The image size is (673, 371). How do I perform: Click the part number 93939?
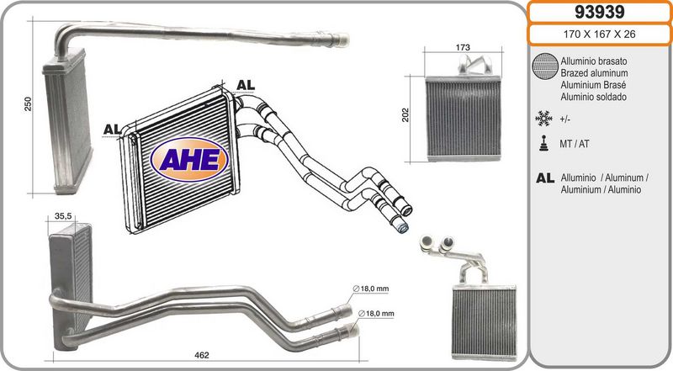(x=599, y=12)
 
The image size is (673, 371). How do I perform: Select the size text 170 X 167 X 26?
(x=599, y=34)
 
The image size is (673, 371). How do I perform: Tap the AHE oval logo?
(x=189, y=159)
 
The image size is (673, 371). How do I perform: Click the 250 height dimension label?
(x=28, y=104)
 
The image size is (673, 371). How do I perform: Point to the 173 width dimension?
(x=463, y=47)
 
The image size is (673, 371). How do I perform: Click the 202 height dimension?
(x=405, y=115)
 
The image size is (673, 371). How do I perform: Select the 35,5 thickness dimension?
(x=63, y=216)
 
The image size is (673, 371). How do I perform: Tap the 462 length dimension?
(x=202, y=355)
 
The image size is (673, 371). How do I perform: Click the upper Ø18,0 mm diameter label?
(x=371, y=289)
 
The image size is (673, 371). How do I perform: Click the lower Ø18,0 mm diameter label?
(x=376, y=314)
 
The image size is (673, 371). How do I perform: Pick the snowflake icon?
(x=543, y=118)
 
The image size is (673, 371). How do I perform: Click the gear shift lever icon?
(x=544, y=143)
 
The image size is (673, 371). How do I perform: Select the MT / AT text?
(x=575, y=144)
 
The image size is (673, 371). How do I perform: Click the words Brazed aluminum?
(x=594, y=73)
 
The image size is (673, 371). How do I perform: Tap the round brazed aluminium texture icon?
(x=544, y=66)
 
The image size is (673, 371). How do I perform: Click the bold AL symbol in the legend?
(x=545, y=178)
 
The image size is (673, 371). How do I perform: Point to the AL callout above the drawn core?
(x=246, y=85)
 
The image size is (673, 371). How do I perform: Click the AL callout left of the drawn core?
(x=112, y=130)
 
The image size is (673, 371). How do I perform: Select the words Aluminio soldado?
(x=594, y=97)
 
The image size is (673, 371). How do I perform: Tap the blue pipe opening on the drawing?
(x=402, y=228)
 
